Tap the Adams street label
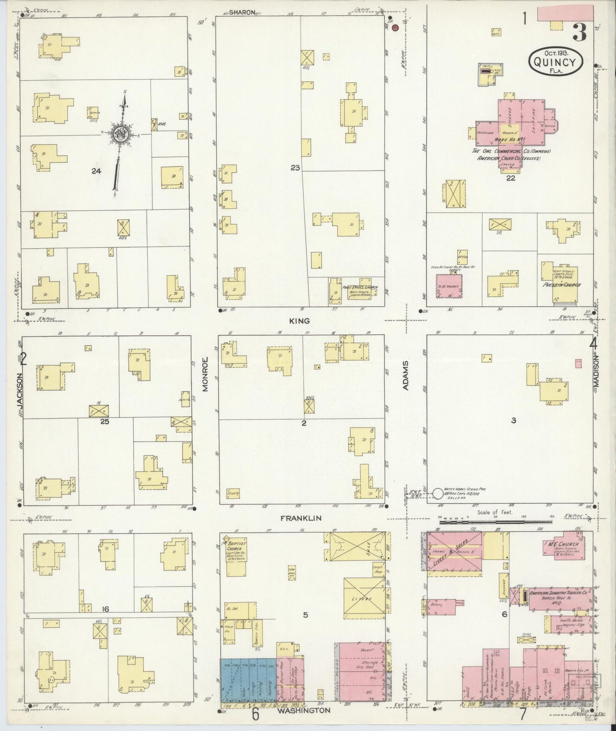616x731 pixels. click(406, 375)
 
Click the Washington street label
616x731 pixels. click(304, 711)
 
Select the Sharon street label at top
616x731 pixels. click(242, 12)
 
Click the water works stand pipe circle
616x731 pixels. click(438, 494)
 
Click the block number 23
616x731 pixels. click(295, 168)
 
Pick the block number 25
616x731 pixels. click(104, 422)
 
